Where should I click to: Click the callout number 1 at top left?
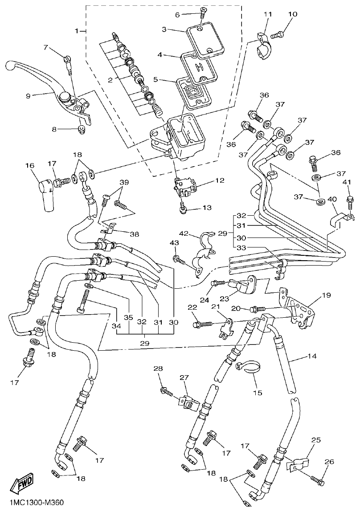[77, 31]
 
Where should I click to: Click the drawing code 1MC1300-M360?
[36, 503]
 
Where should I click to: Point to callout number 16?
[30, 165]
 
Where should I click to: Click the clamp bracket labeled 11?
[263, 46]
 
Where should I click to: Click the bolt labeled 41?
[349, 200]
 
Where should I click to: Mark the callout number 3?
[164, 29]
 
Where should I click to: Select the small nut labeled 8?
[81, 130]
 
